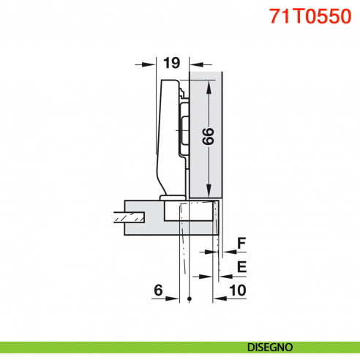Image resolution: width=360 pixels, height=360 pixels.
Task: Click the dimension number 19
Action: pos(171,64)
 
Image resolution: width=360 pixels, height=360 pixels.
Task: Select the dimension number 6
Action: pos(158,290)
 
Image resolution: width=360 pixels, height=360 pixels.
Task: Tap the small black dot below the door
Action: pos(190,299)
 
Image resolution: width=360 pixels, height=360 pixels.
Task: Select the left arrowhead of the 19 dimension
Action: pos(151,64)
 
